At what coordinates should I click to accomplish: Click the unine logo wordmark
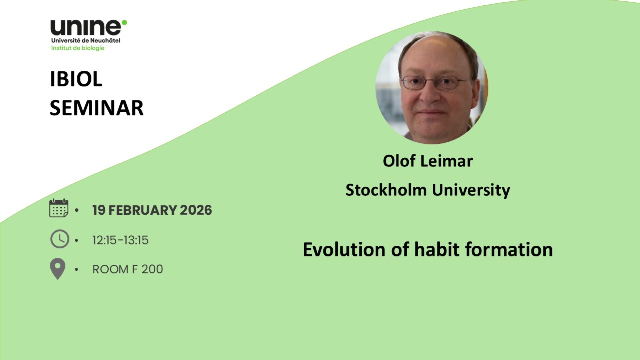[x=86, y=28]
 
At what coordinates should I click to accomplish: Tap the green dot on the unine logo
[x=124, y=22]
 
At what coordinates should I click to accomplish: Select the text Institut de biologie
[x=78, y=48]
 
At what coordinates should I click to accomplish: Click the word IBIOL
[x=76, y=79]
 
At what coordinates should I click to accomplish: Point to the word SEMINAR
[x=97, y=108]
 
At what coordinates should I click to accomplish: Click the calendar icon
[x=59, y=208]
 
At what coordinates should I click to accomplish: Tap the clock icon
[x=60, y=239]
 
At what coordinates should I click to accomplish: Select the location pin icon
[x=58, y=269]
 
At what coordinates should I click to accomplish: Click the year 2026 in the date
[x=196, y=210]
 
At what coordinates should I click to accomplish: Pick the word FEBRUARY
[x=143, y=210]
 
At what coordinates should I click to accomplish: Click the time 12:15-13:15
[x=120, y=240]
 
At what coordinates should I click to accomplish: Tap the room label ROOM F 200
[x=128, y=269]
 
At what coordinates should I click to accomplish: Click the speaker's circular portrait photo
[x=432, y=88]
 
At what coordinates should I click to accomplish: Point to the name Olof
[x=399, y=161]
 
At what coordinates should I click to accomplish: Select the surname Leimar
[x=447, y=161]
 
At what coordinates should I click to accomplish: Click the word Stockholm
[x=386, y=190]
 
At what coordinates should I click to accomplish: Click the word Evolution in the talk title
[x=344, y=250]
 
